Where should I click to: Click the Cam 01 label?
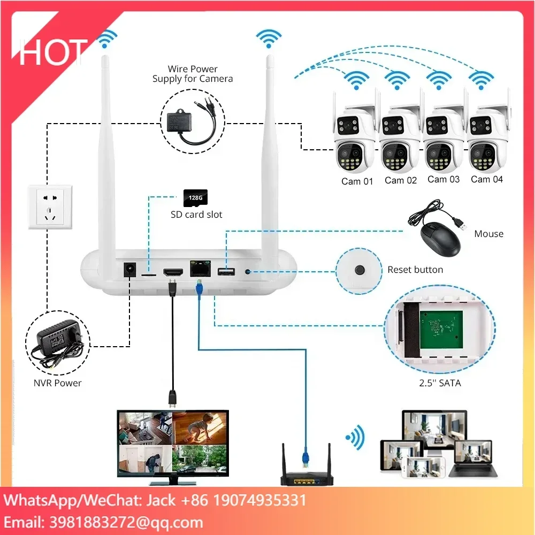point(357,181)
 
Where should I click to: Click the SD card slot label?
point(196,215)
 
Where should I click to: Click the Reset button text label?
point(415,270)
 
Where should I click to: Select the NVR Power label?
point(58,383)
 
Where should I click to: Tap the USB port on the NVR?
point(225,272)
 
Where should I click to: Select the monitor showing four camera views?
point(173,441)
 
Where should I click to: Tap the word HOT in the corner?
point(52,52)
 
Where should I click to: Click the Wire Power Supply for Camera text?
point(193,74)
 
